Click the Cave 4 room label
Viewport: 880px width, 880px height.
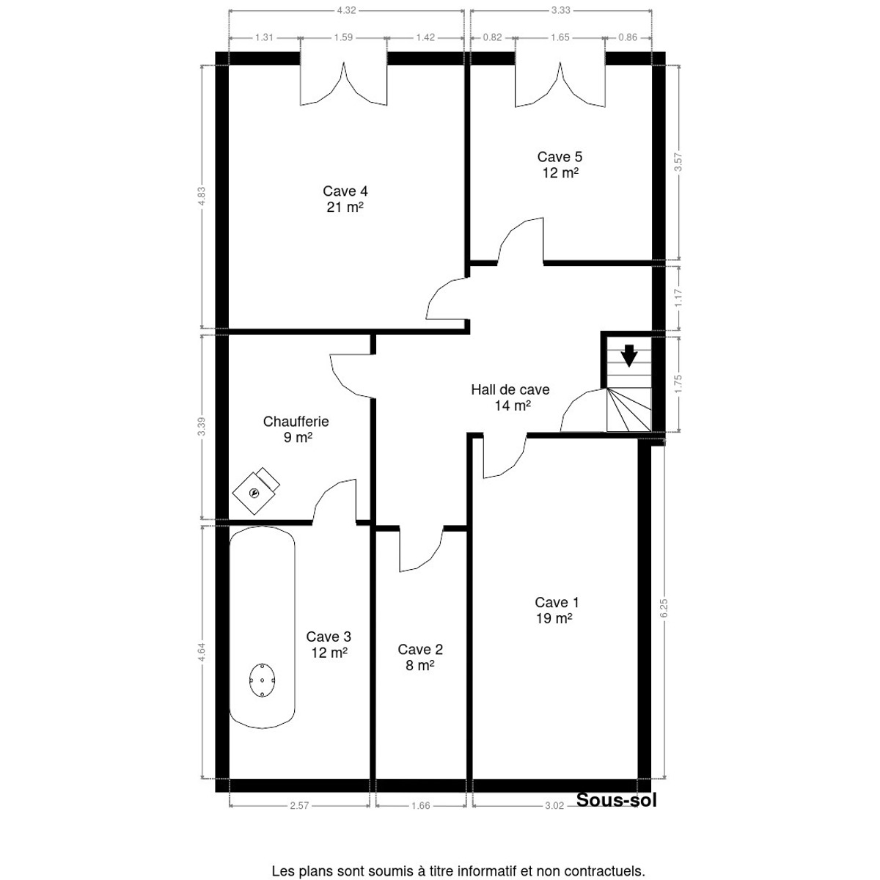[345, 199]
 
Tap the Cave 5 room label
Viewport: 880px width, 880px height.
[560, 165]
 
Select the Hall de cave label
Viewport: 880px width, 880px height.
[510, 397]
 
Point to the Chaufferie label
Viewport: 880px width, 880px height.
[296, 429]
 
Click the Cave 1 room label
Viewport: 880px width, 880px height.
[557, 610]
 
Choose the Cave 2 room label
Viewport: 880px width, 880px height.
[420, 657]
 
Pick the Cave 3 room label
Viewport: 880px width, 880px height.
[329, 645]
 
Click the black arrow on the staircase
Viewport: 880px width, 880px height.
[629, 356]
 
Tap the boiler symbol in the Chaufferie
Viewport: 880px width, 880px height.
[256, 491]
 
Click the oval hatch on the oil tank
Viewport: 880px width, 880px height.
[262, 680]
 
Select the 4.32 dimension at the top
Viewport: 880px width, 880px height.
[346, 10]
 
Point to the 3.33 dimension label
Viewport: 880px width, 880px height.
[561, 10]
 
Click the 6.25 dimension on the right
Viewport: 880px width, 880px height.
[664, 608]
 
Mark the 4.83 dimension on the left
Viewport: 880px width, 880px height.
[202, 197]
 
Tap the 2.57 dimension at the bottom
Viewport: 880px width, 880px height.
[299, 805]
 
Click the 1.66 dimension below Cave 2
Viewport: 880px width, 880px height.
[421, 805]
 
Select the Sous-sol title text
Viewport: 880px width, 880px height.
[617, 799]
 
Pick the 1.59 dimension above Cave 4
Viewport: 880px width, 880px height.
[343, 37]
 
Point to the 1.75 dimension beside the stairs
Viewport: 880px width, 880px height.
[678, 384]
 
